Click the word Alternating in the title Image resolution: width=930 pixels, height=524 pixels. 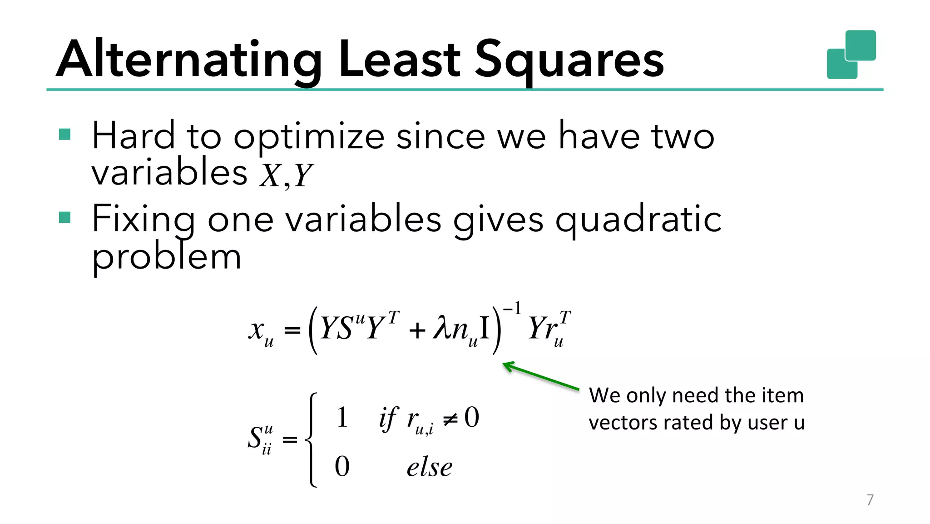point(189,59)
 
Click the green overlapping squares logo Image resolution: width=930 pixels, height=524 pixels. point(851,55)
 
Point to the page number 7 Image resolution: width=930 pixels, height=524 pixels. point(870,500)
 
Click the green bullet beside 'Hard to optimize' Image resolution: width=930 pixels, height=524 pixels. point(65,135)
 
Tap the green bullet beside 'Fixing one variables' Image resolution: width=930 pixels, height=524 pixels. point(65,217)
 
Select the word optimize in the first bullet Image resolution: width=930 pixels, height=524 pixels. point(309,136)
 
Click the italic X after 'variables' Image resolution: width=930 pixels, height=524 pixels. point(271,175)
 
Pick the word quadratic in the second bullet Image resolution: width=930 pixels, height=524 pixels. point(638,220)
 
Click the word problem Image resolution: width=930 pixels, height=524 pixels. point(166,258)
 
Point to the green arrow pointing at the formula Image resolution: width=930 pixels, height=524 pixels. point(540,375)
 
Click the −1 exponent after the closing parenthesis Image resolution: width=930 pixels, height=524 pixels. point(512,309)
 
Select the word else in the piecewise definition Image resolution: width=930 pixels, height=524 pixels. point(429,468)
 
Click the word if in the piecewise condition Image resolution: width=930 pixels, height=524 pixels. point(388,418)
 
